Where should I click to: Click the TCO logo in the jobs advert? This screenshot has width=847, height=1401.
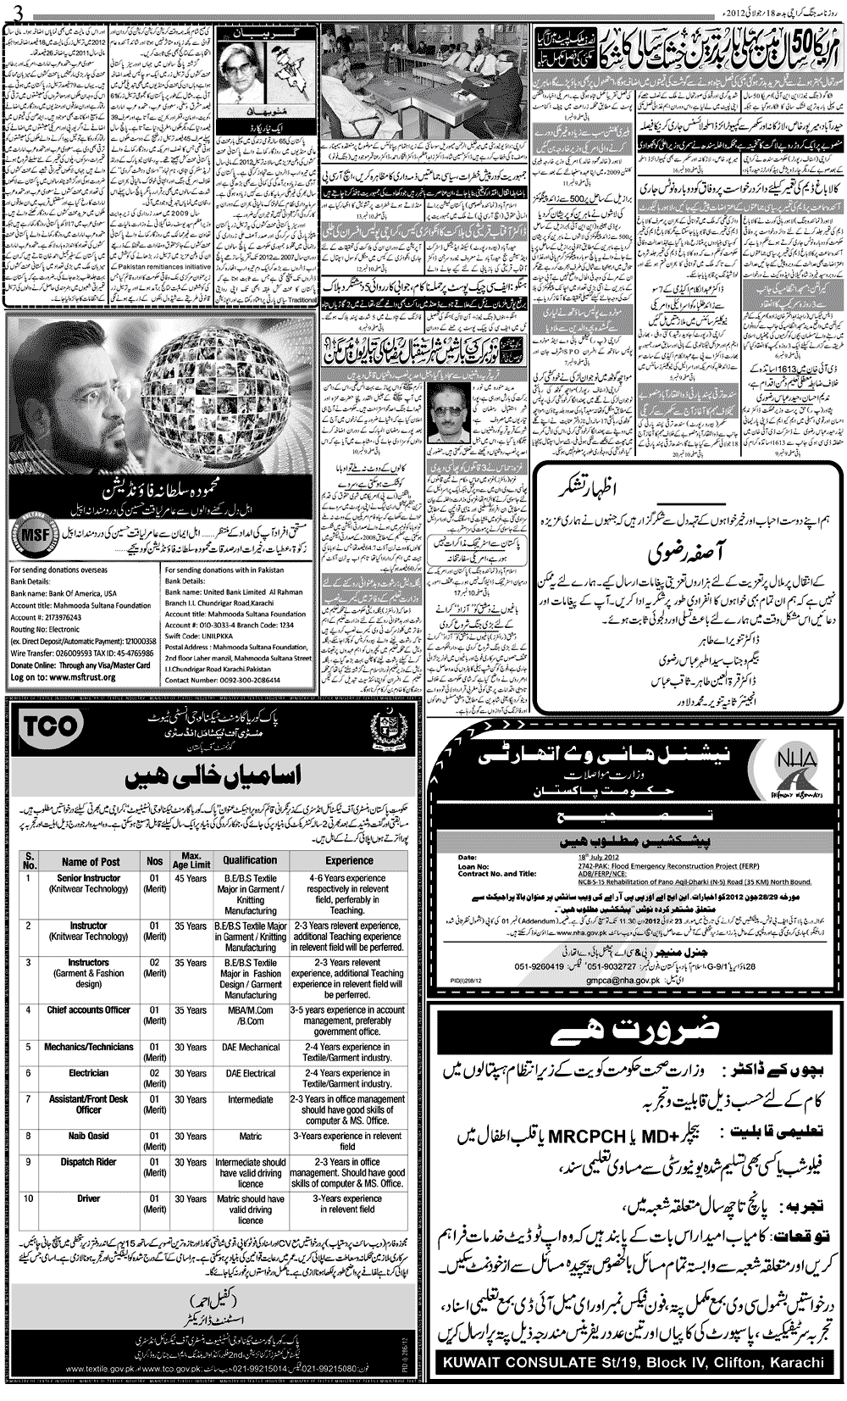(53, 726)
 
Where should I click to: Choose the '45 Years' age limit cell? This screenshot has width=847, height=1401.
(191, 878)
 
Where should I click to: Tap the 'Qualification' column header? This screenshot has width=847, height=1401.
(250, 860)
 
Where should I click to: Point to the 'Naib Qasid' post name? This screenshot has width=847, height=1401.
(89, 1137)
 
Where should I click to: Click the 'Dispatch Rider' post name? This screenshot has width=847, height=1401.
(89, 1163)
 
